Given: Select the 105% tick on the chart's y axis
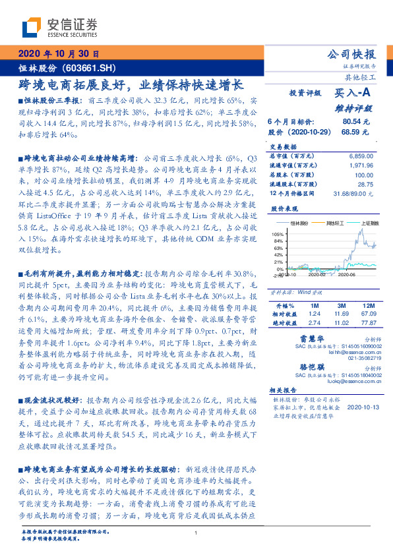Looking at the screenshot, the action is tap(278, 234).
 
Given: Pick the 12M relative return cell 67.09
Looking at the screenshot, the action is tap(369, 315).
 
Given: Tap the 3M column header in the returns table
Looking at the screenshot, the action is tap(341, 307).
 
